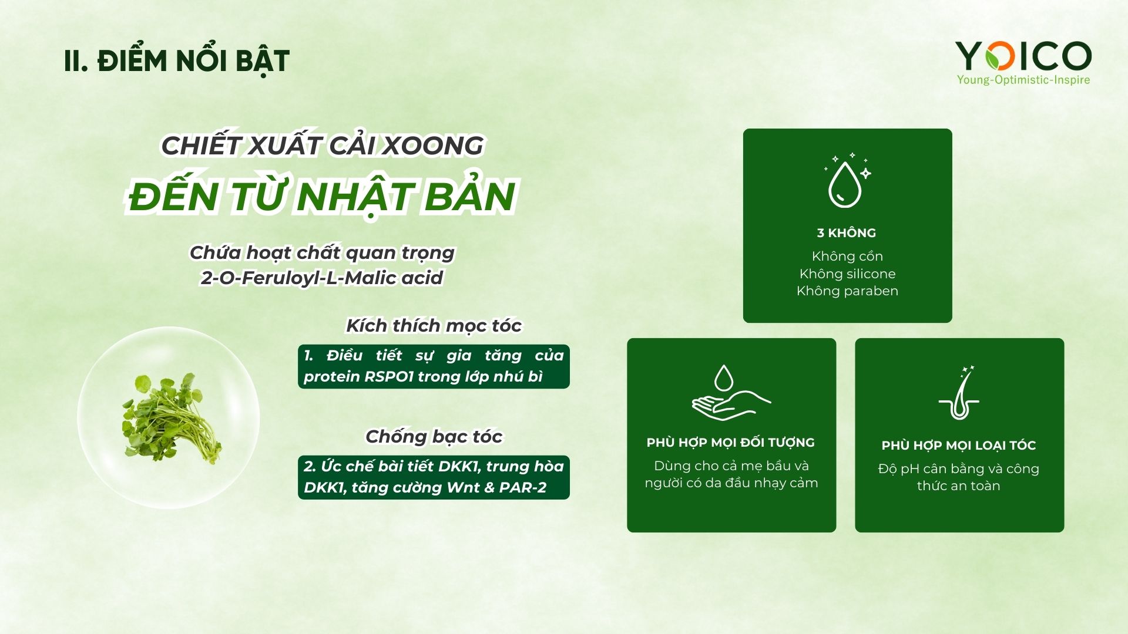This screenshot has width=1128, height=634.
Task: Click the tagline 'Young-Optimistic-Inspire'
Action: [1023, 80]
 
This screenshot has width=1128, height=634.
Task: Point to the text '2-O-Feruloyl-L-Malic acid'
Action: [321, 278]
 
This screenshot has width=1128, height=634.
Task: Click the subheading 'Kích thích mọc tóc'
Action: [434, 326]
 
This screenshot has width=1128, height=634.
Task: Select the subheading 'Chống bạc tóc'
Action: [434, 437]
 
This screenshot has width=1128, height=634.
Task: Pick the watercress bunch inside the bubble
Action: [170, 419]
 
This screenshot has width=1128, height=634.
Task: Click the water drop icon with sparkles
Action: [847, 181]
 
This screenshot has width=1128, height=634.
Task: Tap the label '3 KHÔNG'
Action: [847, 233]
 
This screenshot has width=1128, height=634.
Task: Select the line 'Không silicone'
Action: [847, 274]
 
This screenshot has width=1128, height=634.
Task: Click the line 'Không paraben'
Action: [847, 291]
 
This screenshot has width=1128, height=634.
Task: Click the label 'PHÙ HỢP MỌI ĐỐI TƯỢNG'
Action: [731, 443]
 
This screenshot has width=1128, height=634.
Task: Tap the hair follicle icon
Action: [959, 393]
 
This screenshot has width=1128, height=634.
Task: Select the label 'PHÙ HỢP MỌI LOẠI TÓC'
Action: [959, 446]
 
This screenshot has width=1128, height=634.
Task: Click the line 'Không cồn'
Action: [847, 256]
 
